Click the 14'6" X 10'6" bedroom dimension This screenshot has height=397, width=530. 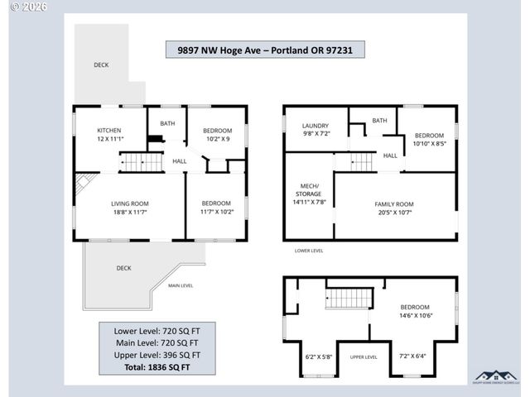(415, 314)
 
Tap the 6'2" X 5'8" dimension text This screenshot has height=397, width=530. (318, 356)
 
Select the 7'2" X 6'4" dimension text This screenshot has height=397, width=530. (412, 356)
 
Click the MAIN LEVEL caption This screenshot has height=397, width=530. (181, 285)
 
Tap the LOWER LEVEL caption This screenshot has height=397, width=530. (309, 250)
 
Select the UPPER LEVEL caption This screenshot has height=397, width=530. (364, 356)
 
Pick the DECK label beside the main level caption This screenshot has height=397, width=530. (123, 268)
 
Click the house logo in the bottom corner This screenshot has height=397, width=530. (494, 377)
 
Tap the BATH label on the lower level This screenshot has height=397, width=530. (379, 121)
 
